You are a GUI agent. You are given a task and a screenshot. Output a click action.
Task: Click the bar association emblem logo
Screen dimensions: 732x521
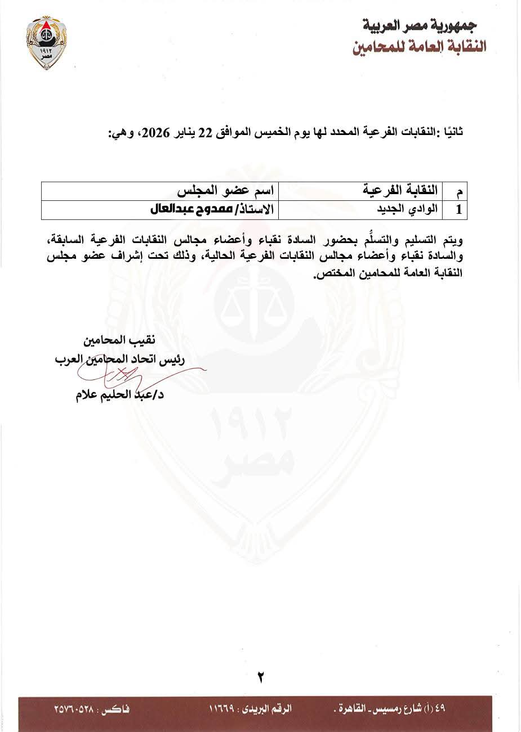47,42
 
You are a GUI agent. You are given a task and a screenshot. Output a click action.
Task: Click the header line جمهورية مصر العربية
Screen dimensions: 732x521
420,25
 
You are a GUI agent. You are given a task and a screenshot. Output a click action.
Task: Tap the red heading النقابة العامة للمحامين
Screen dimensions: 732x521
419,47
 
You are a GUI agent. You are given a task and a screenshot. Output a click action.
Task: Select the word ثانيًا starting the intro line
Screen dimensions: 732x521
452,133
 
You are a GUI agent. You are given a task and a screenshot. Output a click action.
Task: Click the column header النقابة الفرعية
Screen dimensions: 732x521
400,190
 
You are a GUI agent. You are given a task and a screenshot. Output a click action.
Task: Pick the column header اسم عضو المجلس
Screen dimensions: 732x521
225,190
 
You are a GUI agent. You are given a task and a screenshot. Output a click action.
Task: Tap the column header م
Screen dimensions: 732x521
459,191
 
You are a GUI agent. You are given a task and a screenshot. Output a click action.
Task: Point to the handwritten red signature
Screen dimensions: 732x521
141,374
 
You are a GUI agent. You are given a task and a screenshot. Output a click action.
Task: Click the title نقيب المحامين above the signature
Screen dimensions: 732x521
119,340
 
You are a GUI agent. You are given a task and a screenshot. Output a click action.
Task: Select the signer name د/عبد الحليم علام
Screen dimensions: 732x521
119,394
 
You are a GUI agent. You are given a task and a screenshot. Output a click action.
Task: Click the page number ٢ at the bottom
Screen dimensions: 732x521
261,677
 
